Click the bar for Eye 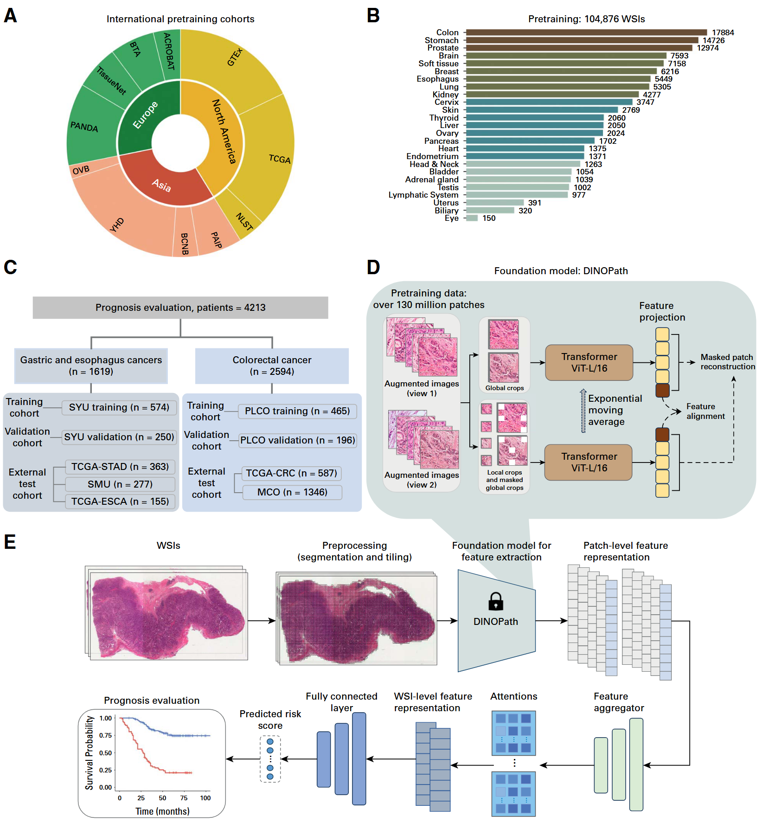tap(472, 218)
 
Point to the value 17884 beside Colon tap(723, 32)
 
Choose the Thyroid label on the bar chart tap(444, 118)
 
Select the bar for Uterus tap(494, 203)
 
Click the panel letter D tap(373, 267)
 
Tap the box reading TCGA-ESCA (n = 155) tap(120, 502)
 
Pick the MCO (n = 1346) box tap(292, 492)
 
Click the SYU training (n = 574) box tap(119, 407)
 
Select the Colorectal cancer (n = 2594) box tap(272, 366)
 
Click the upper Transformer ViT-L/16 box tap(589, 362)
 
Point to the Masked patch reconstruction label tap(727, 362)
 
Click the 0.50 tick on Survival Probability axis tap(106, 753)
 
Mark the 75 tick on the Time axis tap(184, 798)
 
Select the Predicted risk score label tap(270, 720)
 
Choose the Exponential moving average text tap(615, 410)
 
